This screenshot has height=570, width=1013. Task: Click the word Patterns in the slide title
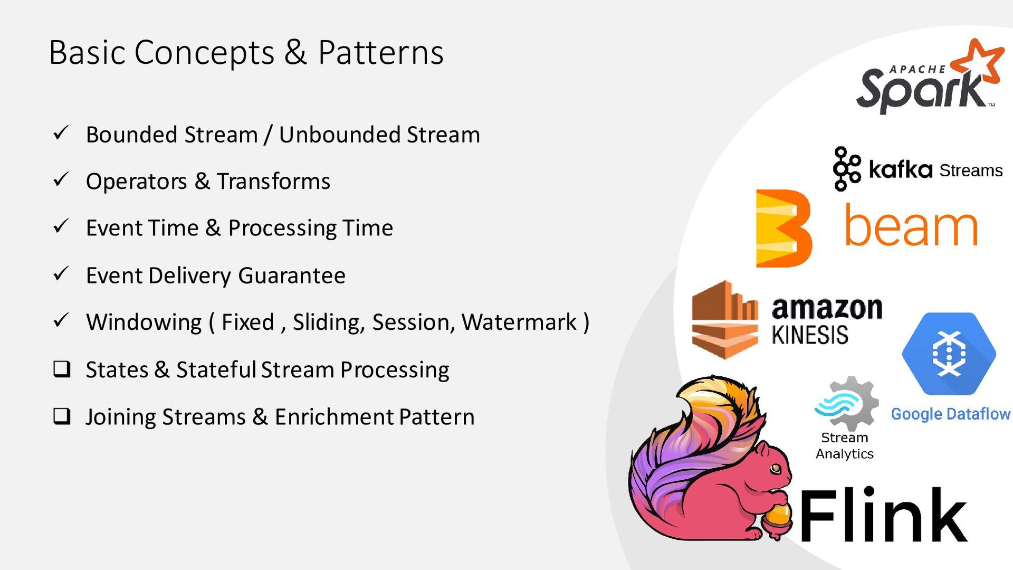(380, 53)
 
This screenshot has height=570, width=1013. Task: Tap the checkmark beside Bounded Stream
(61, 132)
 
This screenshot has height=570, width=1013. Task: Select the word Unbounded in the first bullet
(339, 135)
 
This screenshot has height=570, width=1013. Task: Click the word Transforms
(273, 181)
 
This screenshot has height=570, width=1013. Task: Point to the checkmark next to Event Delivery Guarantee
(61, 273)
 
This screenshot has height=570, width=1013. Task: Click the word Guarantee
(292, 275)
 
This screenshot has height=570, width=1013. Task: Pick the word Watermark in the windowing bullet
(519, 322)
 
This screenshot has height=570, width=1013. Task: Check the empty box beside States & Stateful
(62, 369)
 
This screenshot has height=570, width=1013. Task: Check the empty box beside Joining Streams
(62, 416)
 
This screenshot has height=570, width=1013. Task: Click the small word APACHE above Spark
(918, 69)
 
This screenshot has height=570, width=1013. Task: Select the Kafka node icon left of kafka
(847, 168)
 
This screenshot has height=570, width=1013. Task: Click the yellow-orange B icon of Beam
(783, 228)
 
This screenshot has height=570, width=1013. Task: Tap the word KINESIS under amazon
(810, 335)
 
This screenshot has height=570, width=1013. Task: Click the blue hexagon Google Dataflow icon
(949, 354)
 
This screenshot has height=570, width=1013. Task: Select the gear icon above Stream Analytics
(847, 403)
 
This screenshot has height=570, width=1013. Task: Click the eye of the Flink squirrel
(776, 468)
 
